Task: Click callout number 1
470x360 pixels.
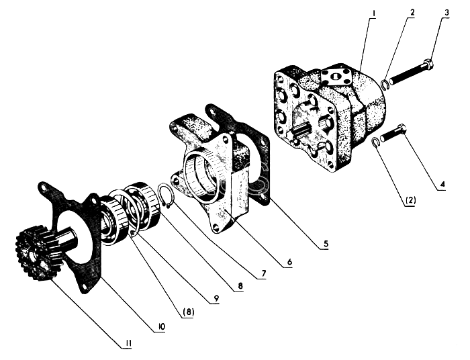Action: pos(374,13)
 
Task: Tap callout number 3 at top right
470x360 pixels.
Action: pos(446,13)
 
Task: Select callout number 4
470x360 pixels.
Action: pos(442,184)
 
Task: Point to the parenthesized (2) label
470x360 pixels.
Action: pos(410,201)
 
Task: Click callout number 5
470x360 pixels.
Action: pos(326,244)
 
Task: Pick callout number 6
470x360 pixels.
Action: pos(289,262)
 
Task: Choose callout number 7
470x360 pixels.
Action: pos(263,273)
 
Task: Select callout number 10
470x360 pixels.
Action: pos(162,326)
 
